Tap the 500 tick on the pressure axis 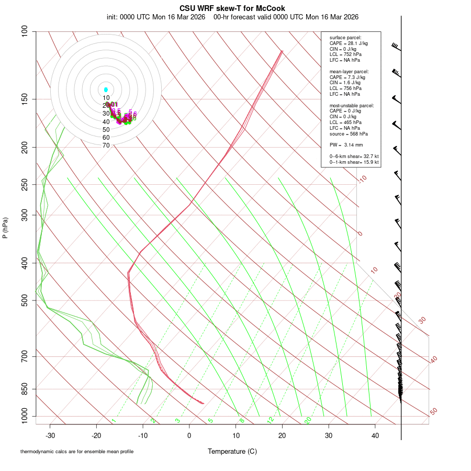(25, 300)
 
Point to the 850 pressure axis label (25, 389)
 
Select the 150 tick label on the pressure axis (25, 99)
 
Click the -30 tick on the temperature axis (50, 435)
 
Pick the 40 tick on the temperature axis (375, 435)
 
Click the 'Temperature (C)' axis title (232, 451)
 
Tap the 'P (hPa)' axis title (5, 228)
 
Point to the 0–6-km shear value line (354, 156)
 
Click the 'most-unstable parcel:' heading (352, 105)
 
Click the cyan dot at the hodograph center (106, 90)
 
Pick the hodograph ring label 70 (106, 145)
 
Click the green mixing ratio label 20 (308, 420)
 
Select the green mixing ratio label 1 (114, 421)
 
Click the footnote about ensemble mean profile (77, 452)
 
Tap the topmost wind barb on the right (396, 47)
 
